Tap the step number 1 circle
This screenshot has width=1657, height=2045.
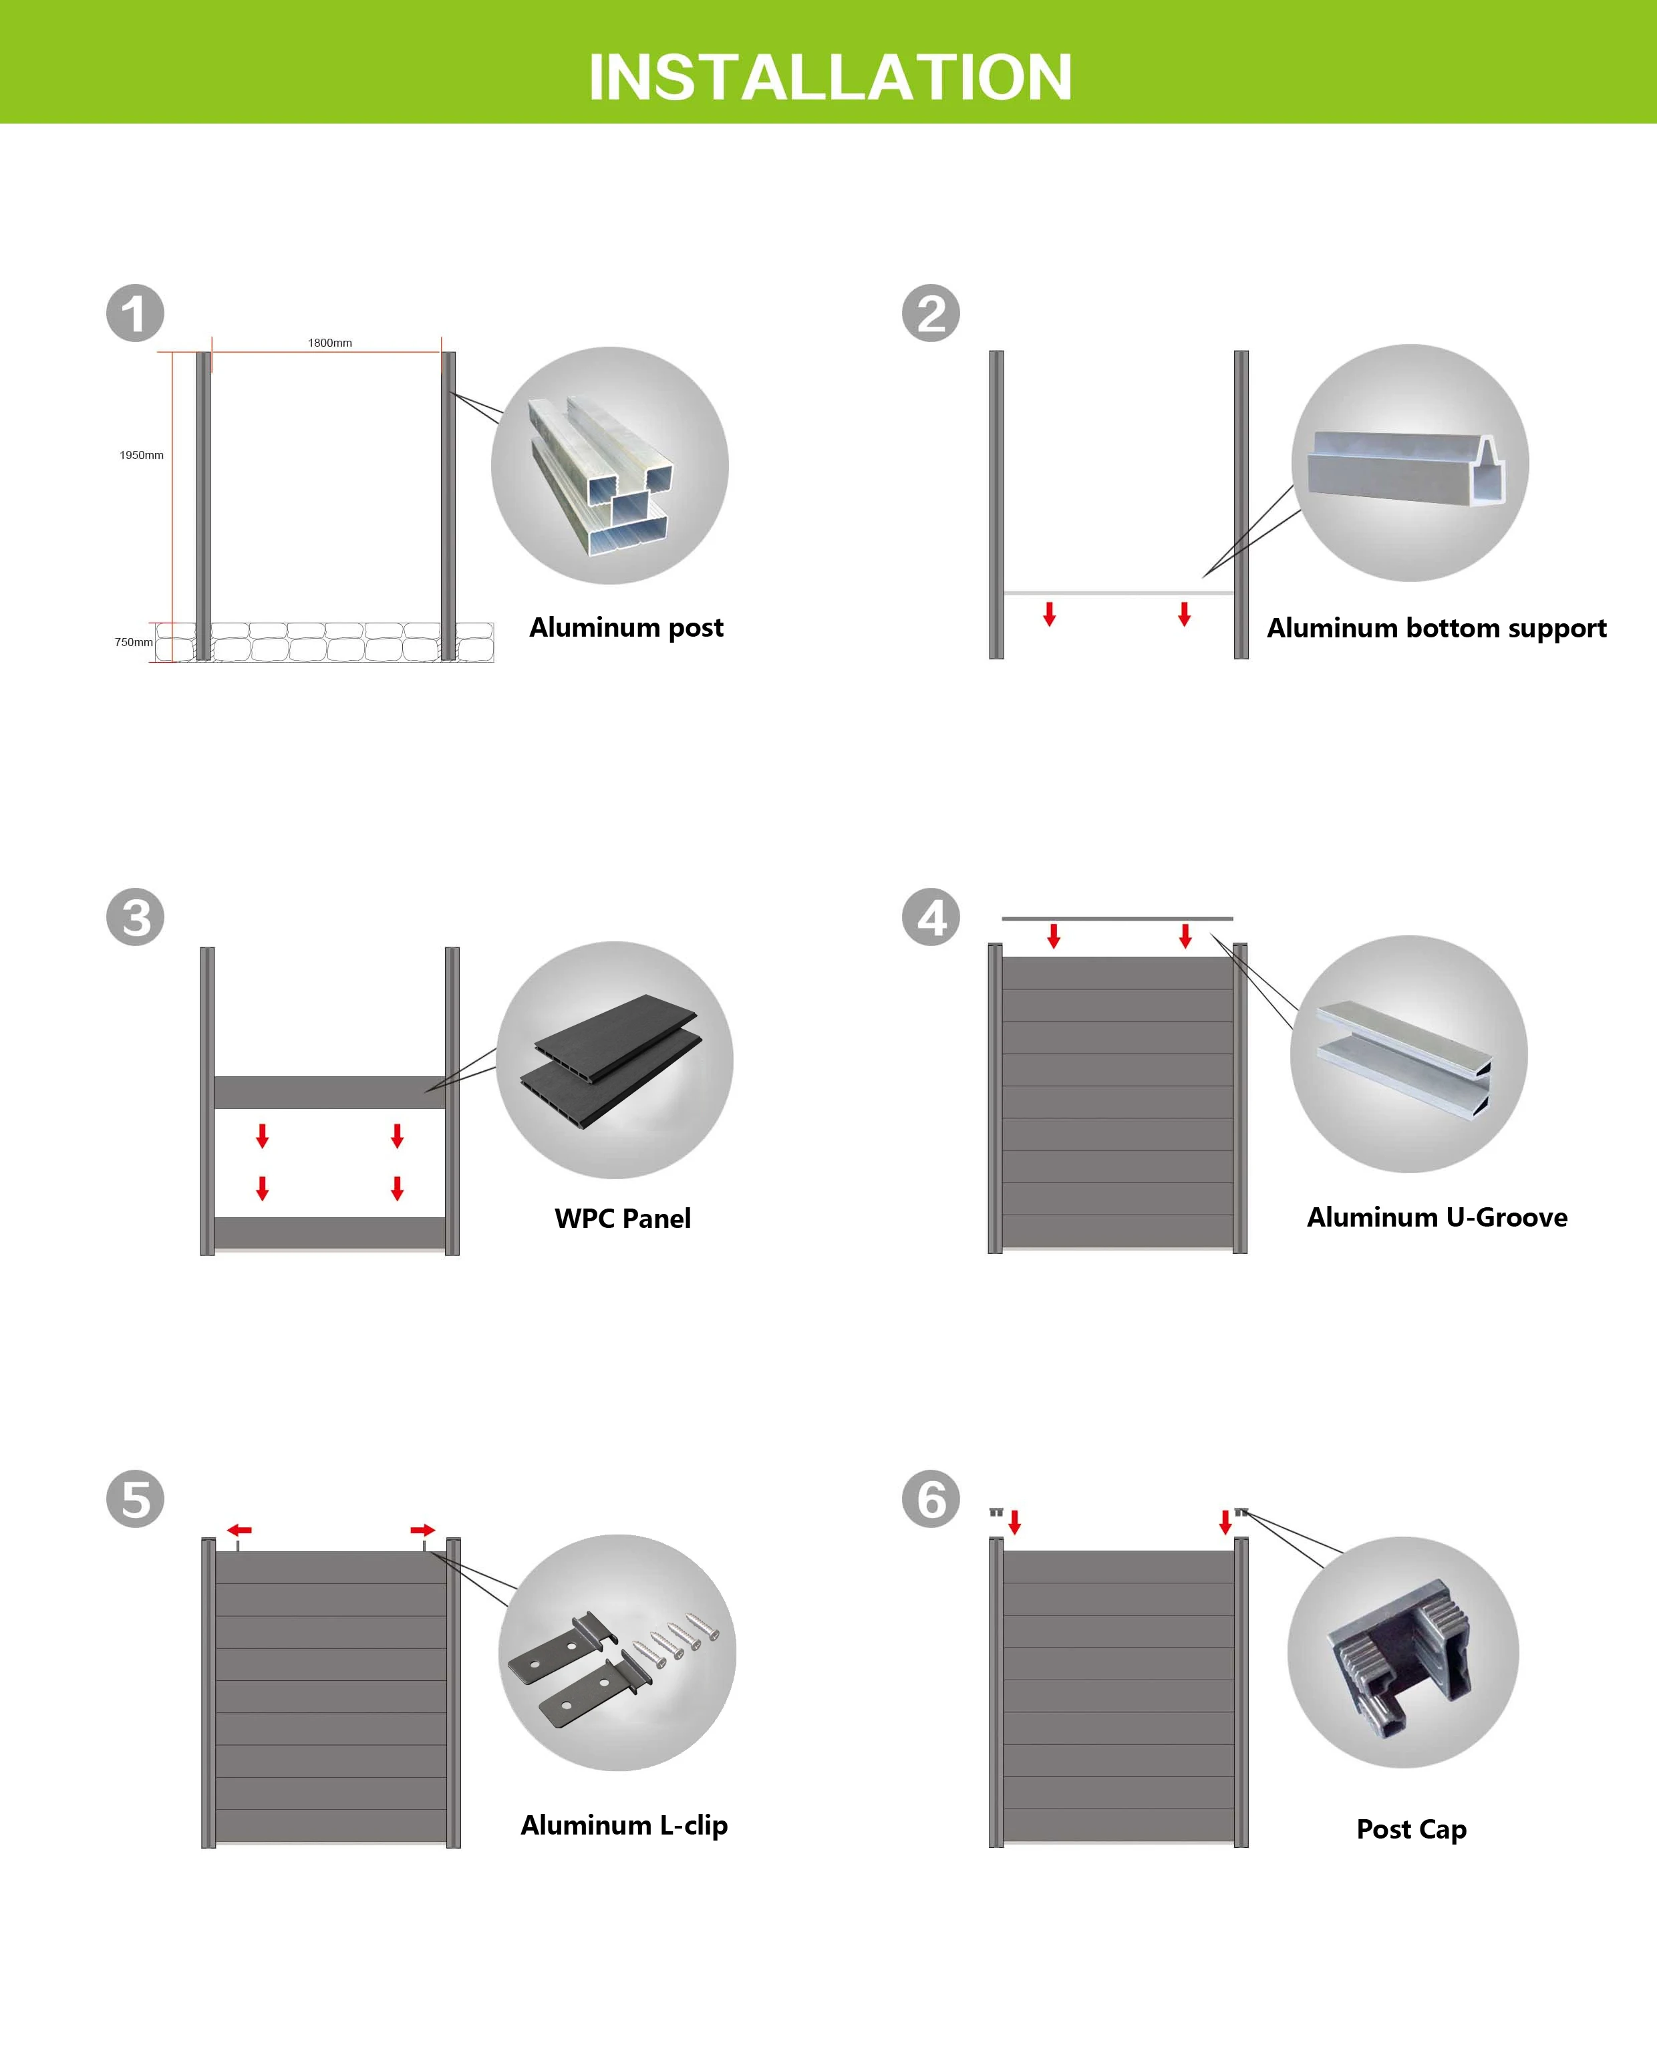pyautogui.click(x=134, y=313)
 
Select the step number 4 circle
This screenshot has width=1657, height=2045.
pyautogui.click(x=931, y=917)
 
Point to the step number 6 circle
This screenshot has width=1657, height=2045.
pyautogui.click(x=931, y=1499)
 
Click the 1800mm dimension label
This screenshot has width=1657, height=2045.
pyautogui.click(x=329, y=343)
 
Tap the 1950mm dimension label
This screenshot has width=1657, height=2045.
pyautogui.click(x=141, y=455)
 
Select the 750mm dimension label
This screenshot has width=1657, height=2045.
pyautogui.click(x=134, y=642)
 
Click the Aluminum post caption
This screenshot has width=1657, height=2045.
pyautogui.click(x=626, y=627)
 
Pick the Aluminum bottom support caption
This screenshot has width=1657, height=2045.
pyautogui.click(x=1437, y=628)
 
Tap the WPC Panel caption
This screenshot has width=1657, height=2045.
pyautogui.click(x=622, y=1219)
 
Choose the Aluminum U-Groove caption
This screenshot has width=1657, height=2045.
pyautogui.click(x=1437, y=1218)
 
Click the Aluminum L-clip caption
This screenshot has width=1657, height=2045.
pyautogui.click(x=624, y=1825)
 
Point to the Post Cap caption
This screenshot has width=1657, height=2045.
pyautogui.click(x=1412, y=1829)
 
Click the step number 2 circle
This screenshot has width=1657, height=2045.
pyautogui.click(x=931, y=313)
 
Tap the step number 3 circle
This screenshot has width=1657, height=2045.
pyautogui.click(x=134, y=917)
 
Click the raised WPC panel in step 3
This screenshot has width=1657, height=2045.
pyautogui.click(x=329, y=1092)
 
